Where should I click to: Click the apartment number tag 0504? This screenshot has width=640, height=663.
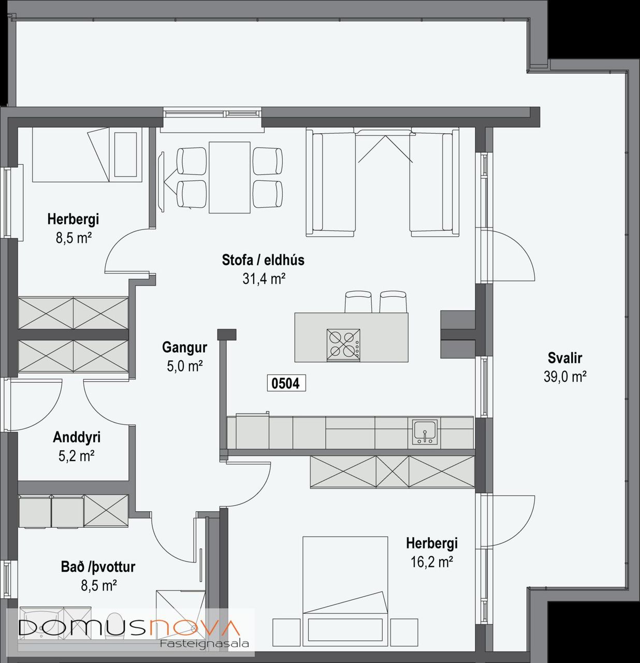click(x=286, y=384)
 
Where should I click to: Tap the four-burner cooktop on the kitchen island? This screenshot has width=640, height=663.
click(x=343, y=344)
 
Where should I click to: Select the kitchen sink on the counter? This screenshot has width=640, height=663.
click(x=425, y=432)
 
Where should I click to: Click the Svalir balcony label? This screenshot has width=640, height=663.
click(x=565, y=358)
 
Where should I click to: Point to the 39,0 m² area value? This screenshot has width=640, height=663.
click(x=565, y=377)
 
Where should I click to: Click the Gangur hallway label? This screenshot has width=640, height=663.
click(x=185, y=347)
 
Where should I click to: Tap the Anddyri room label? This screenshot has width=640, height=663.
click(x=77, y=437)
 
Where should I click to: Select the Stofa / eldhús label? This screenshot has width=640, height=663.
click(x=263, y=260)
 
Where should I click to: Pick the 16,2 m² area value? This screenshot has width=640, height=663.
click(x=431, y=562)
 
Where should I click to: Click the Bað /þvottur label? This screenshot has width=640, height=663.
click(x=98, y=567)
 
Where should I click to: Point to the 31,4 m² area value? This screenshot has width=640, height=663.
click(x=264, y=279)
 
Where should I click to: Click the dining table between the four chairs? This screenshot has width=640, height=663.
click(x=229, y=178)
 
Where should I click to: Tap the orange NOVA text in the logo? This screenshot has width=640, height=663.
click(x=194, y=627)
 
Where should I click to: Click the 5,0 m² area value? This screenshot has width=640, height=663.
click(x=185, y=366)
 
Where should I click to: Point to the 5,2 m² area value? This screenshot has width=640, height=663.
click(x=76, y=456)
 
